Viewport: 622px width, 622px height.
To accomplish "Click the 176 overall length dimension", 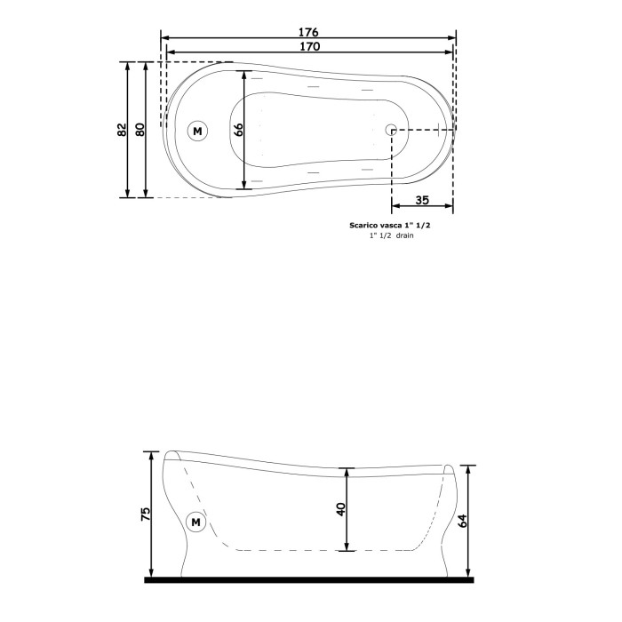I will [308, 31].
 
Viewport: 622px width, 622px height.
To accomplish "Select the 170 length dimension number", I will [308, 46].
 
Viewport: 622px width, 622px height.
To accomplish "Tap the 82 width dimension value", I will [123, 130].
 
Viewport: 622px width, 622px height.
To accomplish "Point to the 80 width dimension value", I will [140, 130].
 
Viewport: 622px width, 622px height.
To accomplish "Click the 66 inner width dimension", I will [238, 130].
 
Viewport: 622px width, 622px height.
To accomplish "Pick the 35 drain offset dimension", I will [422, 201].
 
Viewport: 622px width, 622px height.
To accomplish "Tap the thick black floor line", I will [308, 579].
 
